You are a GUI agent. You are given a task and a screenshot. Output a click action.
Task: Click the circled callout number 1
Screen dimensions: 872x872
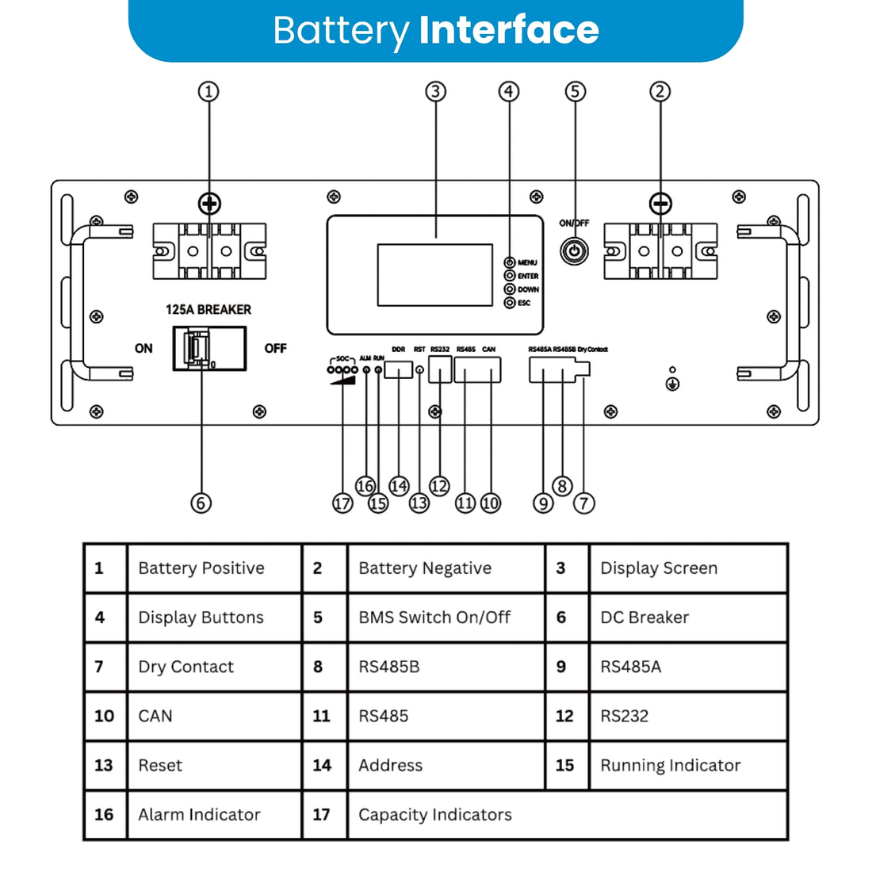coord(208,91)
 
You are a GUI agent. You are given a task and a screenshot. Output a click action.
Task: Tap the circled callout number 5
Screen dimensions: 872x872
coord(576,91)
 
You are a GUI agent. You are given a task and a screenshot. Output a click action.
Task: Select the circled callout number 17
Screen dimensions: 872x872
coord(342,503)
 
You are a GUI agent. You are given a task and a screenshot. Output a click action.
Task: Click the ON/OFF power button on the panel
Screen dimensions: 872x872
coord(574,252)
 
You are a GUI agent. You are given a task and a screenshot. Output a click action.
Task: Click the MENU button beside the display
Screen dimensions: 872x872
coord(510,262)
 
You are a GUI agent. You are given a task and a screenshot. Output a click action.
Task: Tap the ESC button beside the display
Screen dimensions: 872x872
coord(510,303)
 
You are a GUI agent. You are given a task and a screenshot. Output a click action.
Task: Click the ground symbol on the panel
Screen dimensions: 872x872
coord(672,384)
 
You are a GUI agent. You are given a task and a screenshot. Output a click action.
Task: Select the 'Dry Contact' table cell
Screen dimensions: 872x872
coord(186,667)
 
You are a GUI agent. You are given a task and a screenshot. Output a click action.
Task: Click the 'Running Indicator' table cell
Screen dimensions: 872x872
coord(670,765)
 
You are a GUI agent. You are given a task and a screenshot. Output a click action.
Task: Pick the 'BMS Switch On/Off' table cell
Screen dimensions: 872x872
coord(434,618)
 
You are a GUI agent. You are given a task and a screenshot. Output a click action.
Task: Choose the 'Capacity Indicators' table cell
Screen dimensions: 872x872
coord(435,814)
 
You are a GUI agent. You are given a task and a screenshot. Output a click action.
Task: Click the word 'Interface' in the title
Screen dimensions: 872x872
coord(508,30)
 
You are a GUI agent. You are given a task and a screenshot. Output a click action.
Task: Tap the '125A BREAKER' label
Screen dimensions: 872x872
coord(208,310)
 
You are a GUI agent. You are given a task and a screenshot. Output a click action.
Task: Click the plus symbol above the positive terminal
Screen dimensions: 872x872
coord(209,205)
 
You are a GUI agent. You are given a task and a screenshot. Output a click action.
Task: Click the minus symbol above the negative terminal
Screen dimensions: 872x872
coord(660,205)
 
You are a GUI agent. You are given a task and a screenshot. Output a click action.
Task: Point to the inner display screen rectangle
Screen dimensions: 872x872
coord(434,275)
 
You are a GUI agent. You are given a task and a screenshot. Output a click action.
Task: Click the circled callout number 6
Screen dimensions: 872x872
coord(201,503)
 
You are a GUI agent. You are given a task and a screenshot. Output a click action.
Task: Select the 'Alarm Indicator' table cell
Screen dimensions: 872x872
coord(199,814)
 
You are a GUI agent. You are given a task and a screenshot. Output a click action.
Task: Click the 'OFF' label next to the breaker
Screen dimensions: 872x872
coord(275,349)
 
